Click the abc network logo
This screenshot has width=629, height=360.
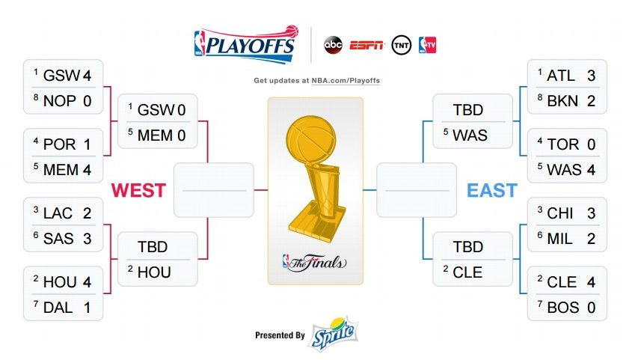[x=333, y=45]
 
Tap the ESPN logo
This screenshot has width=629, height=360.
[x=366, y=46]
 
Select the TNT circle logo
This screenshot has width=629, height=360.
[x=401, y=45]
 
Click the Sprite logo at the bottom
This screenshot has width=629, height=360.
[x=333, y=334]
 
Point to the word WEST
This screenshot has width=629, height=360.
[x=138, y=190]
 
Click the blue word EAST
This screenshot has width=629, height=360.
[x=492, y=190]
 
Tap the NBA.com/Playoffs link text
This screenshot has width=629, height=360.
[x=346, y=80]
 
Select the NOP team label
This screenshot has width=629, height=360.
[x=60, y=101]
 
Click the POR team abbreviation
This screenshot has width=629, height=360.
[x=59, y=144]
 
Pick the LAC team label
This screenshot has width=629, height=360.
[x=58, y=213]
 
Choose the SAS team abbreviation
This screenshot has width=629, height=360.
[x=58, y=239]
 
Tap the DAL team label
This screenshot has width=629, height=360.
[x=58, y=308]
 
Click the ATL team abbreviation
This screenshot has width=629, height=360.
[x=561, y=76]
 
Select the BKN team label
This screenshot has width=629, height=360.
[x=562, y=101]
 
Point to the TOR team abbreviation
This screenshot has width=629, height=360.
[x=563, y=144]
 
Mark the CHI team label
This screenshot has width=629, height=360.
[x=560, y=213]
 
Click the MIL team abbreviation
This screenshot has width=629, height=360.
[x=559, y=239]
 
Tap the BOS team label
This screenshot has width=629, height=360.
[x=563, y=308]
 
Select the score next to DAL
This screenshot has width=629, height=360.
[x=87, y=308]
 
